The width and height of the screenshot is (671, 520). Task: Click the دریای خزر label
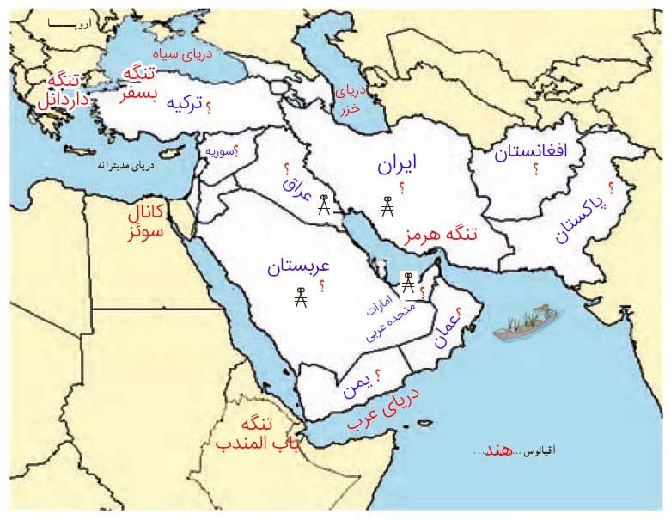click(x=351, y=95)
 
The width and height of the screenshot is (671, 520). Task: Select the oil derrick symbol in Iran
click(x=387, y=207)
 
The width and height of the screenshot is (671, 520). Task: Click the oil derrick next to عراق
click(x=324, y=206)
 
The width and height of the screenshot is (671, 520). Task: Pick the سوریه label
click(x=220, y=151)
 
